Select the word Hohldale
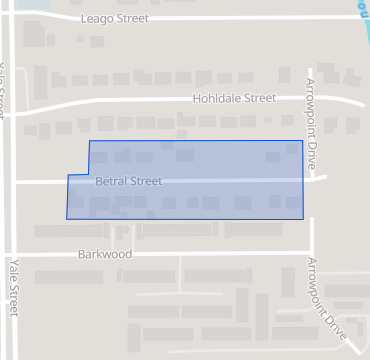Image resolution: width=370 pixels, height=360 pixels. [218, 98]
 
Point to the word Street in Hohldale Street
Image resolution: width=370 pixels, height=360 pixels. [259, 98]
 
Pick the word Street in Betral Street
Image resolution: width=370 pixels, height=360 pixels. [144, 182]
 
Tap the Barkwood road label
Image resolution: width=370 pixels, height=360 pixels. [104, 255]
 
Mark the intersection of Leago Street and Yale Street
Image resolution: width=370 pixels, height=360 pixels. [8, 18]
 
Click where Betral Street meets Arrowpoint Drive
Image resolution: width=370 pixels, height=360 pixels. [310, 180]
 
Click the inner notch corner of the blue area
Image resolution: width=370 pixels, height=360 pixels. [89, 175]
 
